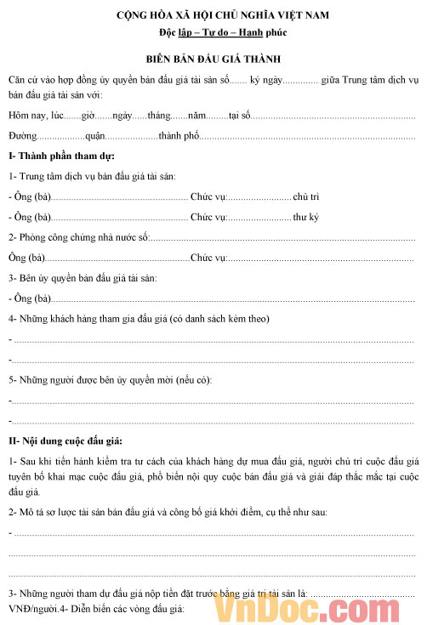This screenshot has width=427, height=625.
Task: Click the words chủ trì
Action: (x=306, y=196)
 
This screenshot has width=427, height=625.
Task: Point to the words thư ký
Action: (x=305, y=217)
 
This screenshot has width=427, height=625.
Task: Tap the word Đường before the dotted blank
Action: (x=23, y=135)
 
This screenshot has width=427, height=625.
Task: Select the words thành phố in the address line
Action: (x=179, y=135)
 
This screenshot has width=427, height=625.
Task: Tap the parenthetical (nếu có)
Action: (x=193, y=379)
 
